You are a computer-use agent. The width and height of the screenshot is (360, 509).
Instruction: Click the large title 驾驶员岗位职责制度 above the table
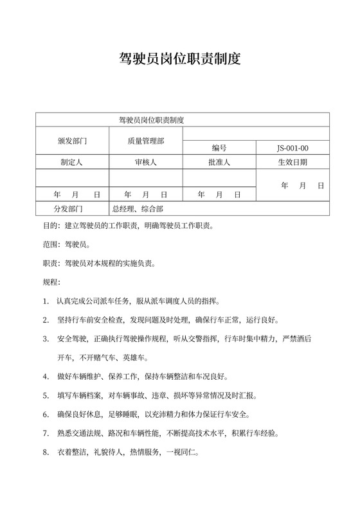[x=180, y=60]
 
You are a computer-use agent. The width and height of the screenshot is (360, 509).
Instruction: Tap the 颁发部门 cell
[x=72, y=140]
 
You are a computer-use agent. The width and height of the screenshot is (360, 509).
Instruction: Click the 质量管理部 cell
[x=146, y=140]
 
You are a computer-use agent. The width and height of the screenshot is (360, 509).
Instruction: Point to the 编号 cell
[x=219, y=148]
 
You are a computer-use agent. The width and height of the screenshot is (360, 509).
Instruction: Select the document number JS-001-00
[x=292, y=148]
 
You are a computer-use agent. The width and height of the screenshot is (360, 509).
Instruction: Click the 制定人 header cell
[x=72, y=163]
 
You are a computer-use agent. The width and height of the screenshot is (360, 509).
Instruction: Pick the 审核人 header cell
[x=146, y=163]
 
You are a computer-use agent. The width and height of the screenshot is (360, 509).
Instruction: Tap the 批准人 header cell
[x=219, y=163]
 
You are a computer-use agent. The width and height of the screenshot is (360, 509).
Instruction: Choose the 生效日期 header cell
[x=292, y=163]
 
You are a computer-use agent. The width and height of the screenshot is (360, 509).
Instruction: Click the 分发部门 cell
[x=72, y=209]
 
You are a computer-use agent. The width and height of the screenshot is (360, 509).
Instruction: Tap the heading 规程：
[x=51, y=282]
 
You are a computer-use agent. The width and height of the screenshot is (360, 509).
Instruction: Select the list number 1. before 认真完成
[x=46, y=301]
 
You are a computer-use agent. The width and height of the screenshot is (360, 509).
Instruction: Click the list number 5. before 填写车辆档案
[x=46, y=395]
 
